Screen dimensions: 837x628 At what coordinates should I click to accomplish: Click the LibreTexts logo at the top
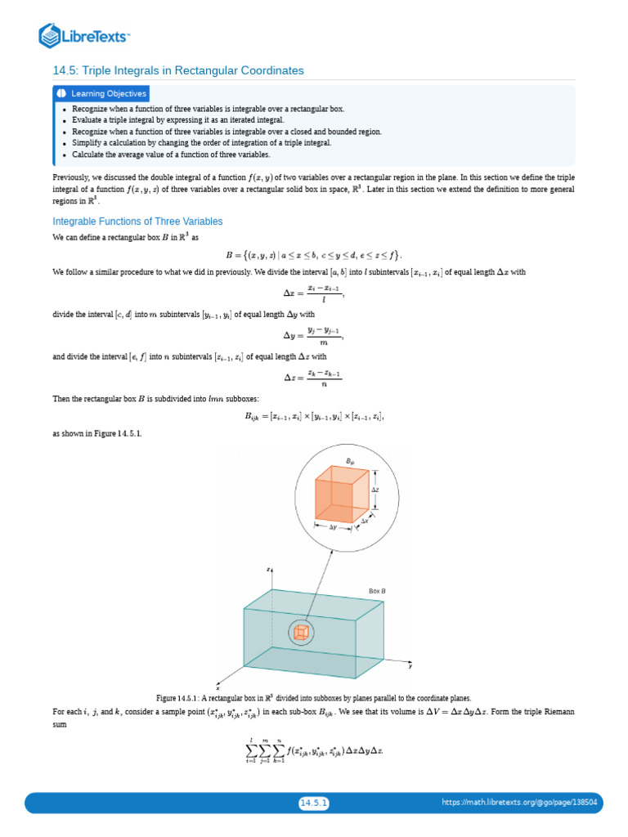coord(84,35)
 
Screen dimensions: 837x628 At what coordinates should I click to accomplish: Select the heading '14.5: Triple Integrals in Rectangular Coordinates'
coord(177,71)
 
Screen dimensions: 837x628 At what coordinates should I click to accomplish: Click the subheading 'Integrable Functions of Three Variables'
coord(137,222)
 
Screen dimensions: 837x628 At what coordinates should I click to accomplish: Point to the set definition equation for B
coord(313,254)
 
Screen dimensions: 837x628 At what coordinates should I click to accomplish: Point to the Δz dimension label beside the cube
coord(375,490)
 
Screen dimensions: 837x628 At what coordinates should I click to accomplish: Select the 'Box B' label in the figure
coord(377,591)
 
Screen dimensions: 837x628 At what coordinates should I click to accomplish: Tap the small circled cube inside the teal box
coord(302,632)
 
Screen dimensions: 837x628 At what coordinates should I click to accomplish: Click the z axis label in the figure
coord(268,569)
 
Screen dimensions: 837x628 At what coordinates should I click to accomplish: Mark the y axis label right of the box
coord(410,667)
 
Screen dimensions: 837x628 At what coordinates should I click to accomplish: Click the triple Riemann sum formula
coord(313,750)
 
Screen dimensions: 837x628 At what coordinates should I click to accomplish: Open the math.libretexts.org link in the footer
coord(520,803)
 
